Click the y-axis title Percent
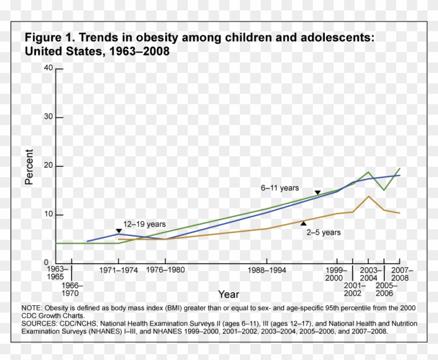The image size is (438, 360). [x=30, y=167]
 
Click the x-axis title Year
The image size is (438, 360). [x=228, y=295]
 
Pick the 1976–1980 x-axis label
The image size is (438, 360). [x=165, y=270]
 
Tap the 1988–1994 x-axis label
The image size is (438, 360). [x=267, y=270]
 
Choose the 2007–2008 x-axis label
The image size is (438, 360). [x=401, y=274]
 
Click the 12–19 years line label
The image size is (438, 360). [x=144, y=225]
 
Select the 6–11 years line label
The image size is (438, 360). [x=280, y=188]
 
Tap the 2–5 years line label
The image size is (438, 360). [x=323, y=232]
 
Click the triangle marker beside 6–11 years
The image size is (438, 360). [x=317, y=193]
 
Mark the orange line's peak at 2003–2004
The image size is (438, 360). [x=369, y=196]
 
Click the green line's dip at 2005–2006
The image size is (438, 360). [x=384, y=190]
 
